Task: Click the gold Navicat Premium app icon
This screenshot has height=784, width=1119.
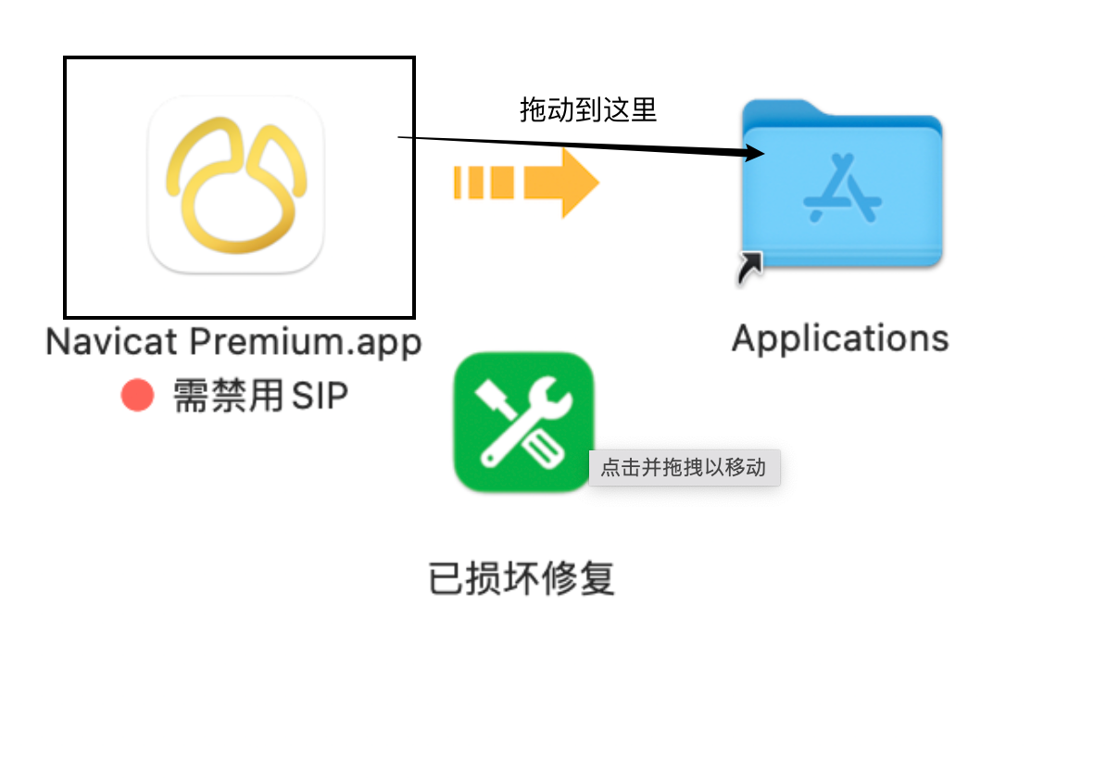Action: (236, 184)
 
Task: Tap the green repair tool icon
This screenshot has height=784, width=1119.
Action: (523, 422)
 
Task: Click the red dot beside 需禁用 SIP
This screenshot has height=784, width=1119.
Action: (137, 397)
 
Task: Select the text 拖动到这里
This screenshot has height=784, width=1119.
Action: (588, 110)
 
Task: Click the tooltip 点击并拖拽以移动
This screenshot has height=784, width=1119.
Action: (684, 467)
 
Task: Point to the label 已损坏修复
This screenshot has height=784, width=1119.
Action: (522, 579)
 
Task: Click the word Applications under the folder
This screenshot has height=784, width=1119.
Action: (840, 338)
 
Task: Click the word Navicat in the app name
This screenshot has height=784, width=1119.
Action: (112, 342)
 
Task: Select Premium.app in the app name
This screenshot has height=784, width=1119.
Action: (306, 342)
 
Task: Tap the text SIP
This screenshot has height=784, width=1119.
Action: (321, 397)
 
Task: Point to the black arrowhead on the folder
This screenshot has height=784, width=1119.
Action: (754, 154)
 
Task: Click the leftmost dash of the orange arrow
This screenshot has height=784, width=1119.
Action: (458, 182)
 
